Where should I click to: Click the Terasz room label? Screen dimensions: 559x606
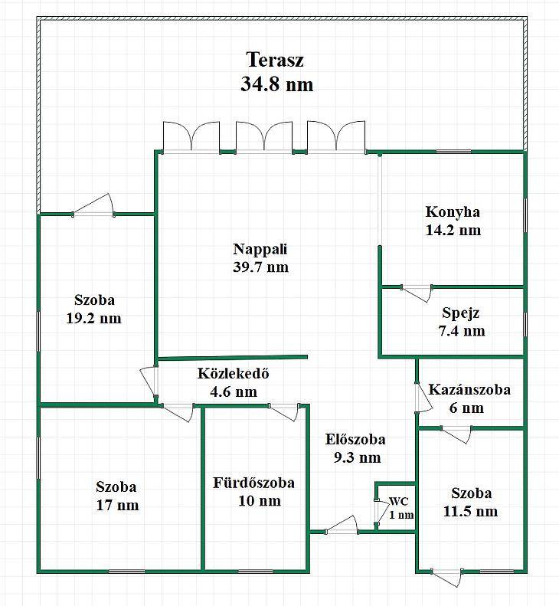click(275, 61)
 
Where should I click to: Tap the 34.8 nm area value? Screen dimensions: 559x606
click(276, 84)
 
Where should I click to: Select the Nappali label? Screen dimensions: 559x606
click(260, 249)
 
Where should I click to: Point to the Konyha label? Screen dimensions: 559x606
click(453, 212)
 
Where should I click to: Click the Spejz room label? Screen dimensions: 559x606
click(460, 313)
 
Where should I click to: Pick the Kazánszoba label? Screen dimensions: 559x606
click(469, 389)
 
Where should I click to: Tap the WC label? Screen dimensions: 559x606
click(399, 501)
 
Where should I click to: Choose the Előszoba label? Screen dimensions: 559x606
click(355, 440)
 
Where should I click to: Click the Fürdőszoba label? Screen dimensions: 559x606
click(253, 483)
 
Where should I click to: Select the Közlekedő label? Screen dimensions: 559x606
click(233, 373)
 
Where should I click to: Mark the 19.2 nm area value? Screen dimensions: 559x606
click(94, 319)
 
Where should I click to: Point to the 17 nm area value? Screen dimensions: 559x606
click(117, 505)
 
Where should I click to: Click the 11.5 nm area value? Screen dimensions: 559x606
click(470, 511)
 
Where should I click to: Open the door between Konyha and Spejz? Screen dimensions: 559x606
click(417, 293)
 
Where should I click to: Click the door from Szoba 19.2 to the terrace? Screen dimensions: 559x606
click(93, 205)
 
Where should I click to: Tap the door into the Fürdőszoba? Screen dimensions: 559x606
click(283, 411)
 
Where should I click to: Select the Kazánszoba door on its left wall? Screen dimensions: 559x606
click(423, 398)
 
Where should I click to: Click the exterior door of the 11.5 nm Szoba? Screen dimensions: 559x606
click(446, 578)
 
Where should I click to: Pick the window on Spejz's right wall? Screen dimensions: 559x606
click(525, 325)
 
